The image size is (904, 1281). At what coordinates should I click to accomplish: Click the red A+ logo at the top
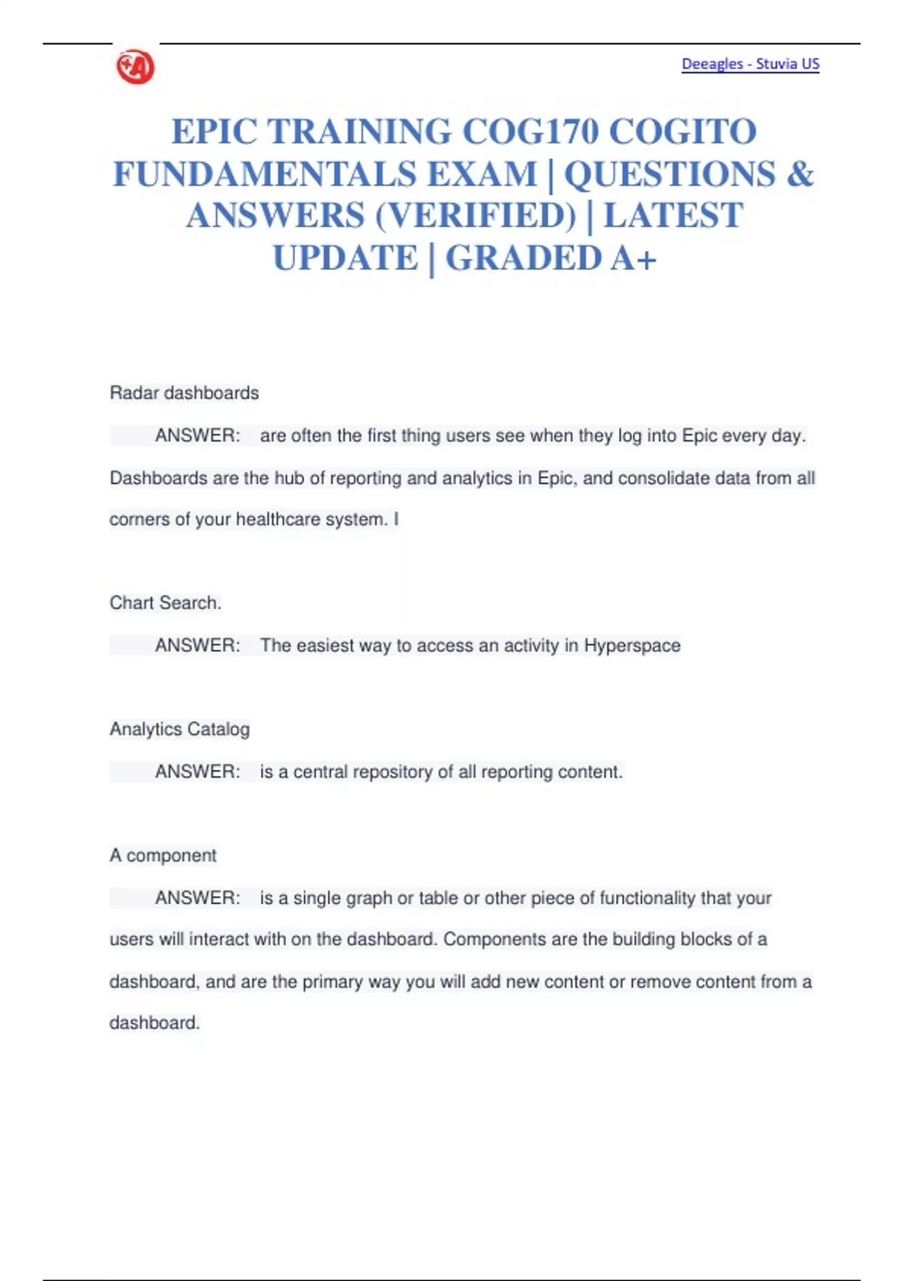tap(136, 67)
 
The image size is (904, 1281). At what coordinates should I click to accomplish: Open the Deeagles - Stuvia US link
tap(750, 64)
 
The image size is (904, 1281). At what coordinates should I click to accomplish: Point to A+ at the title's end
tap(634, 258)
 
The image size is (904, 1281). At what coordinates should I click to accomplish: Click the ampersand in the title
tap(800, 174)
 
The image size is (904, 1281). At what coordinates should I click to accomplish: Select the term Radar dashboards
tap(184, 393)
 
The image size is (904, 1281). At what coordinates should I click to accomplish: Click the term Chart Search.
tap(165, 603)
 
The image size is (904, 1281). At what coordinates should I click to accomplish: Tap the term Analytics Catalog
tap(179, 729)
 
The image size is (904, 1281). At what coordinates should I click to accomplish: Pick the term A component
tap(163, 856)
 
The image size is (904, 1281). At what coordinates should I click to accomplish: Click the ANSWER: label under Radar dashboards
tap(197, 436)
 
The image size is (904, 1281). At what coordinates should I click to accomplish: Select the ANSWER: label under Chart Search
tap(197, 646)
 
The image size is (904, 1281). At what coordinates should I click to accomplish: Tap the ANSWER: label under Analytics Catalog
tap(197, 772)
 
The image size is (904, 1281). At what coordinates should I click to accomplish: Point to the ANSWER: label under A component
tap(197, 898)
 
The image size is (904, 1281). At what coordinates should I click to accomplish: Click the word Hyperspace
tap(632, 646)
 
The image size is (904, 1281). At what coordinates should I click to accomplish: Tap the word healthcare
tap(278, 520)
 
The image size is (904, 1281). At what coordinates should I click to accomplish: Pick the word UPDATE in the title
tap(345, 258)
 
